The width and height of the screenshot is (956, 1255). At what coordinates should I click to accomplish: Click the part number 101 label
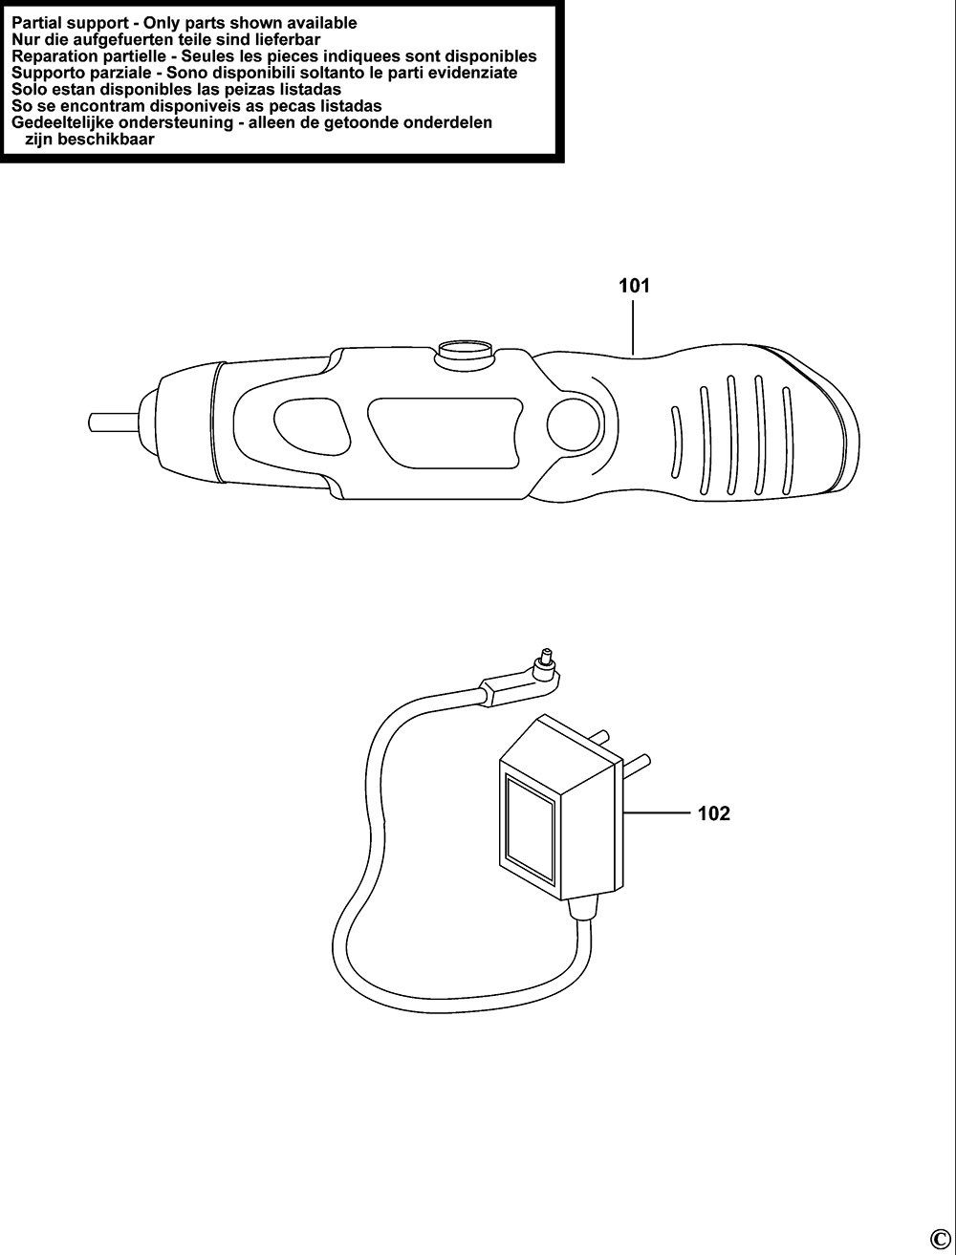pos(634,286)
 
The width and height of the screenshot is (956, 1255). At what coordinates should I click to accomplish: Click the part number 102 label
pos(713,813)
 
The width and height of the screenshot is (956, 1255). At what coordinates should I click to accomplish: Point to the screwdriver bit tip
pos(92,422)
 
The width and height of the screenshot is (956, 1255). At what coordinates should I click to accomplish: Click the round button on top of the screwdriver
pos(464,350)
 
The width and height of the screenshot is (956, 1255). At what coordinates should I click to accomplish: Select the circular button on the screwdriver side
pos(573,424)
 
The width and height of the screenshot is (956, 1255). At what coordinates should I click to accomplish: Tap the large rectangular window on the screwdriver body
pos(445,433)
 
